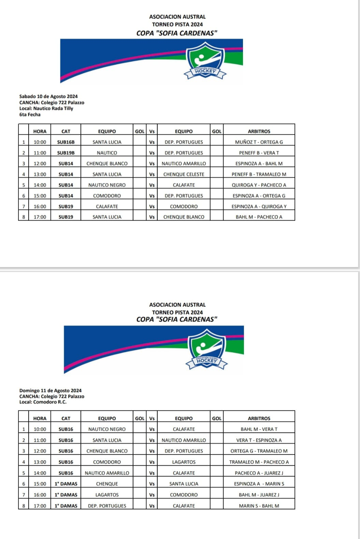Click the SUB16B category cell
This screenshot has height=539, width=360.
66,142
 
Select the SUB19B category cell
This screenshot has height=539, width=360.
66,153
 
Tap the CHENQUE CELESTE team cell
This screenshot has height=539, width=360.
184,175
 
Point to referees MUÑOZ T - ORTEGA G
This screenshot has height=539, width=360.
259,142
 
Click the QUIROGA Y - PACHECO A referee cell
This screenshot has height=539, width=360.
259,185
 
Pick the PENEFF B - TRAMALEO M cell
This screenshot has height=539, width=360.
259,175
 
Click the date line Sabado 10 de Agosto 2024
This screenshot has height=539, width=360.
48,96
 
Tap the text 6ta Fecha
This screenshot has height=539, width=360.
30,115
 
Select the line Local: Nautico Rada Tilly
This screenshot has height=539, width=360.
46,108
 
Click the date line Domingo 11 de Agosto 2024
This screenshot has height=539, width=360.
51,391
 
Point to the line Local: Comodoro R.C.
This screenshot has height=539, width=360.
43,402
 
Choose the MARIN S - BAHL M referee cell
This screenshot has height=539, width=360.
259,506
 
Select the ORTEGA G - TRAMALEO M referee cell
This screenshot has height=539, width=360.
259,451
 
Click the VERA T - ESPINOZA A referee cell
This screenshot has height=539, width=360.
259,440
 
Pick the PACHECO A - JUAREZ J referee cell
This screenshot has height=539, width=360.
259,473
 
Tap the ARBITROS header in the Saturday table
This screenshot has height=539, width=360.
259,131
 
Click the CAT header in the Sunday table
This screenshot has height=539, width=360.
66,418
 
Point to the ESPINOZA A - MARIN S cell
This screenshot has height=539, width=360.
259,484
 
